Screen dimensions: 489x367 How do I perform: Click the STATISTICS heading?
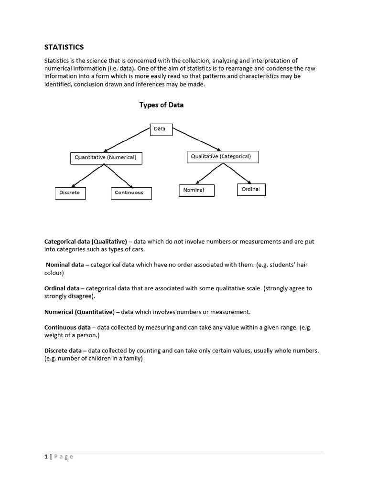(x=64, y=47)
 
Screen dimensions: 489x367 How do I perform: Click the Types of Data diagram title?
(x=161, y=105)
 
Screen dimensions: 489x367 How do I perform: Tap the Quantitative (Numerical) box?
(x=106, y=158)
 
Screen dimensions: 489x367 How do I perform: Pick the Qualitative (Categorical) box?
(x=221, y=157)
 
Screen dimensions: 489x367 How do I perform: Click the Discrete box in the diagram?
(x=70, y=193)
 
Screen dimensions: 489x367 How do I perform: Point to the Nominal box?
(x=196, y=190)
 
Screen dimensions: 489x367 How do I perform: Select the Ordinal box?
(x=251, y=190)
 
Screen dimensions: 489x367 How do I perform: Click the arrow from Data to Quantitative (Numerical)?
(x=127, y=140)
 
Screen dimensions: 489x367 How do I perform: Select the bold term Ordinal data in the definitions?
(x=62, y=288)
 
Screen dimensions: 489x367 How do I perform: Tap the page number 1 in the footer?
(x=46, y=457)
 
